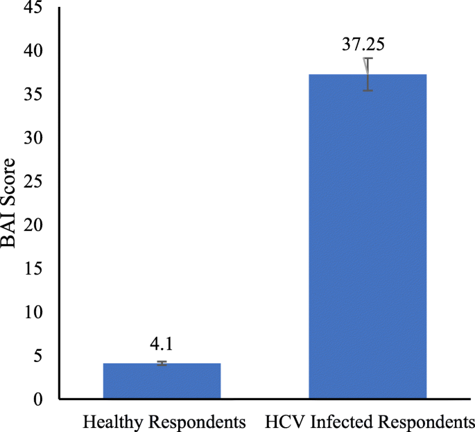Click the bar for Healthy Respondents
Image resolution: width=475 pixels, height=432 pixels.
(162, 381)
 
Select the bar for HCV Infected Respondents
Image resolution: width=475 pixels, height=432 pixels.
(368, 236)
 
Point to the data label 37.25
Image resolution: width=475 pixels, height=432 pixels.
(363, 46)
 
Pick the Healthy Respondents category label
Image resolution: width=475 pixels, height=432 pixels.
(164, 421)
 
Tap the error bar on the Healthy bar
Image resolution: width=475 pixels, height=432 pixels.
(162, 363)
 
